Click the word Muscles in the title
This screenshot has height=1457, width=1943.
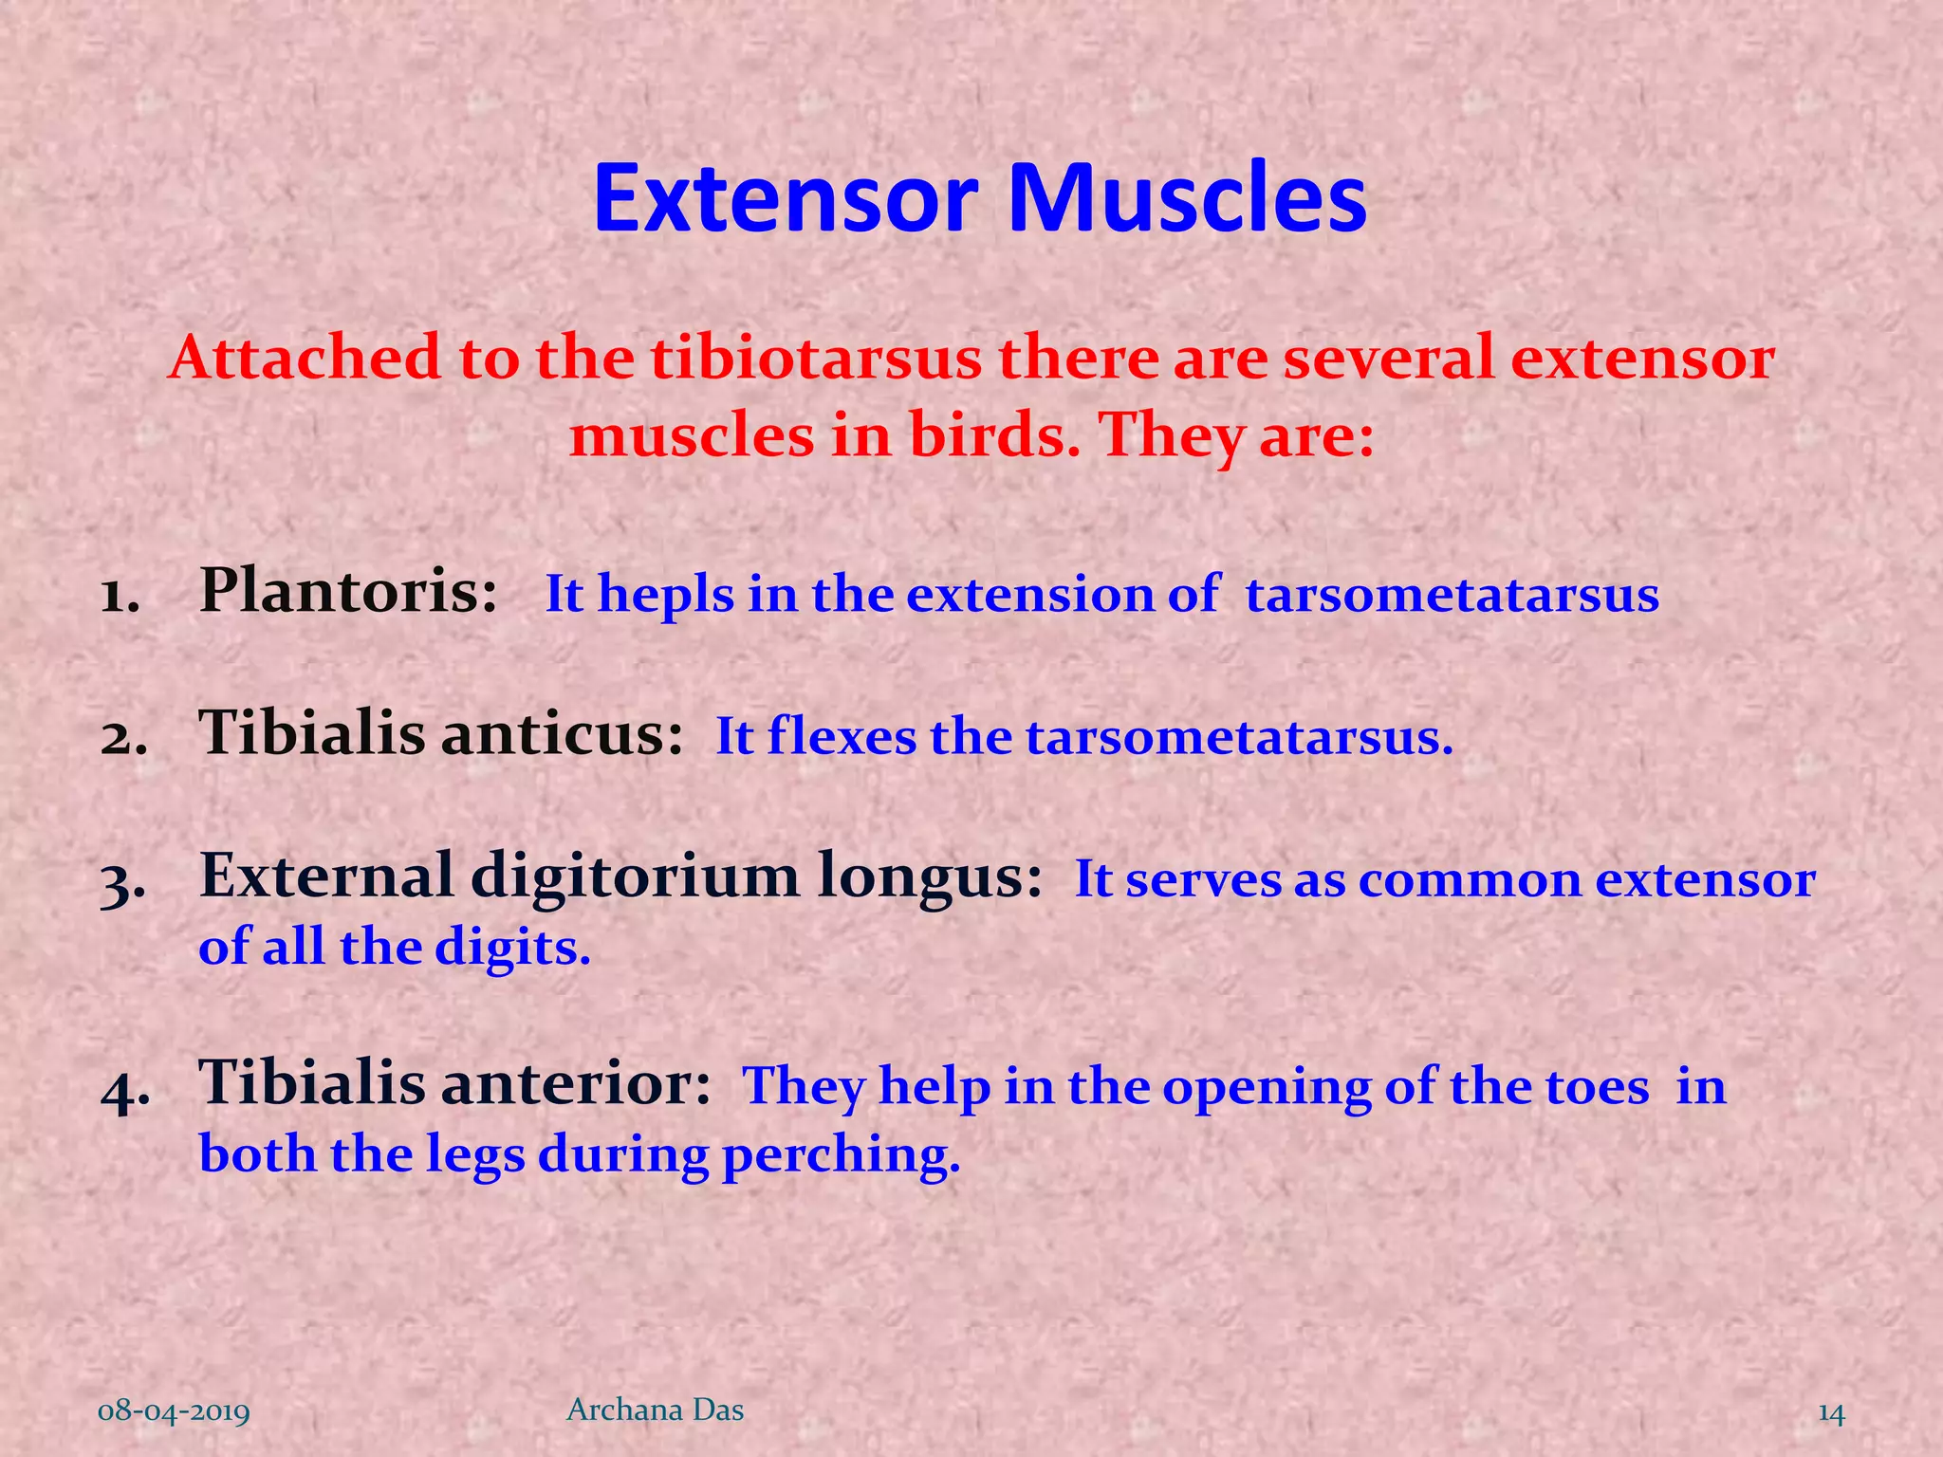(1186, 199)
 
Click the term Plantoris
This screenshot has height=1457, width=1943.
(347, 592)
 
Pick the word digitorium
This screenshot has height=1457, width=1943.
(635, 876)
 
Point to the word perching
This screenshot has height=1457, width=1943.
(841, 1156)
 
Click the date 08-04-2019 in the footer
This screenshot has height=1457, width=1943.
(174, 1412)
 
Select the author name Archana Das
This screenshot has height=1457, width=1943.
(655, 1411)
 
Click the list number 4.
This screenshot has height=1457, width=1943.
(123, 1091)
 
